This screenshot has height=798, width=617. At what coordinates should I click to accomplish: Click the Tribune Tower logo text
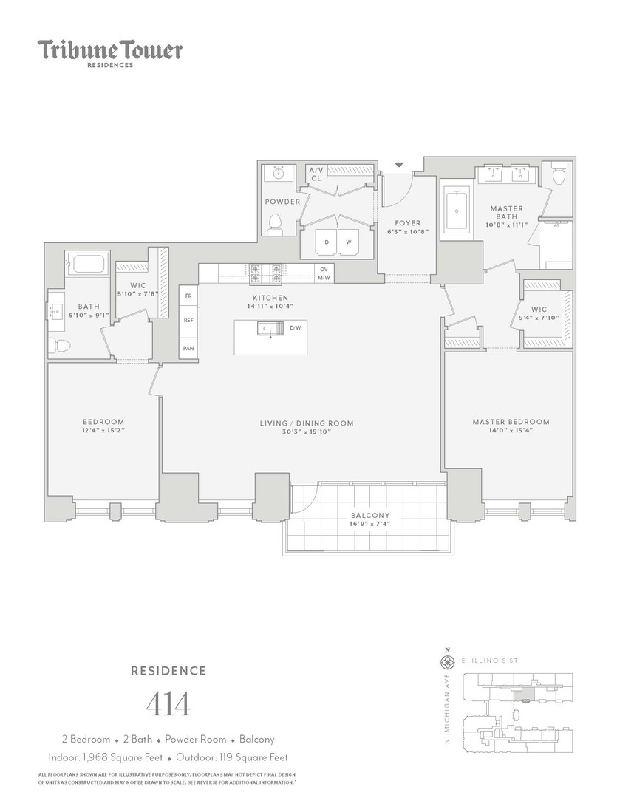pyautogui.click(x=110, y=50)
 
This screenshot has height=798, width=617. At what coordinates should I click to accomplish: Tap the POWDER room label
pyautogui.click(x=282, y=202)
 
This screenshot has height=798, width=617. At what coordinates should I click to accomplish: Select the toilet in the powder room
pyautogui.click(x=276, y=223)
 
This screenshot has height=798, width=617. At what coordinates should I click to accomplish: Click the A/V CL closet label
pyautogui.click(x=316, y=174)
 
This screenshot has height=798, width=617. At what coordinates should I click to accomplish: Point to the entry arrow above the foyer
pyautogui.click(x=400, y=165)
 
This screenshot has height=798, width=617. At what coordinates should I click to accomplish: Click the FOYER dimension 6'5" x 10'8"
pyautogui.click(x=407, y=231)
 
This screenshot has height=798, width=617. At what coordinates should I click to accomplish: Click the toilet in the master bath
pyautogui.click(x=558, y=175)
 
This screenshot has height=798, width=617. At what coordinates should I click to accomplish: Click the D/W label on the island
pyautogui.click(x=295, y=327)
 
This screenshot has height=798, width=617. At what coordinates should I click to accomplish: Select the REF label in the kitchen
pyautogui.click(x=188, y=321)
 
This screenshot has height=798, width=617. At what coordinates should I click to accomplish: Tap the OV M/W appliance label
pyautogui.click(x=324, y=273)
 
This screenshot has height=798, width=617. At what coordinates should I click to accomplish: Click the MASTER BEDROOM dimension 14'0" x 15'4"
pyautogui.click(x=511, y=430)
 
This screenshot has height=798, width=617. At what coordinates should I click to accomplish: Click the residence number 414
pyautogui.click(x=168, y=704)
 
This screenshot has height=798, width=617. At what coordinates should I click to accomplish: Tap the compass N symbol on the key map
pyautogui.click(x=446, y=652)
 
